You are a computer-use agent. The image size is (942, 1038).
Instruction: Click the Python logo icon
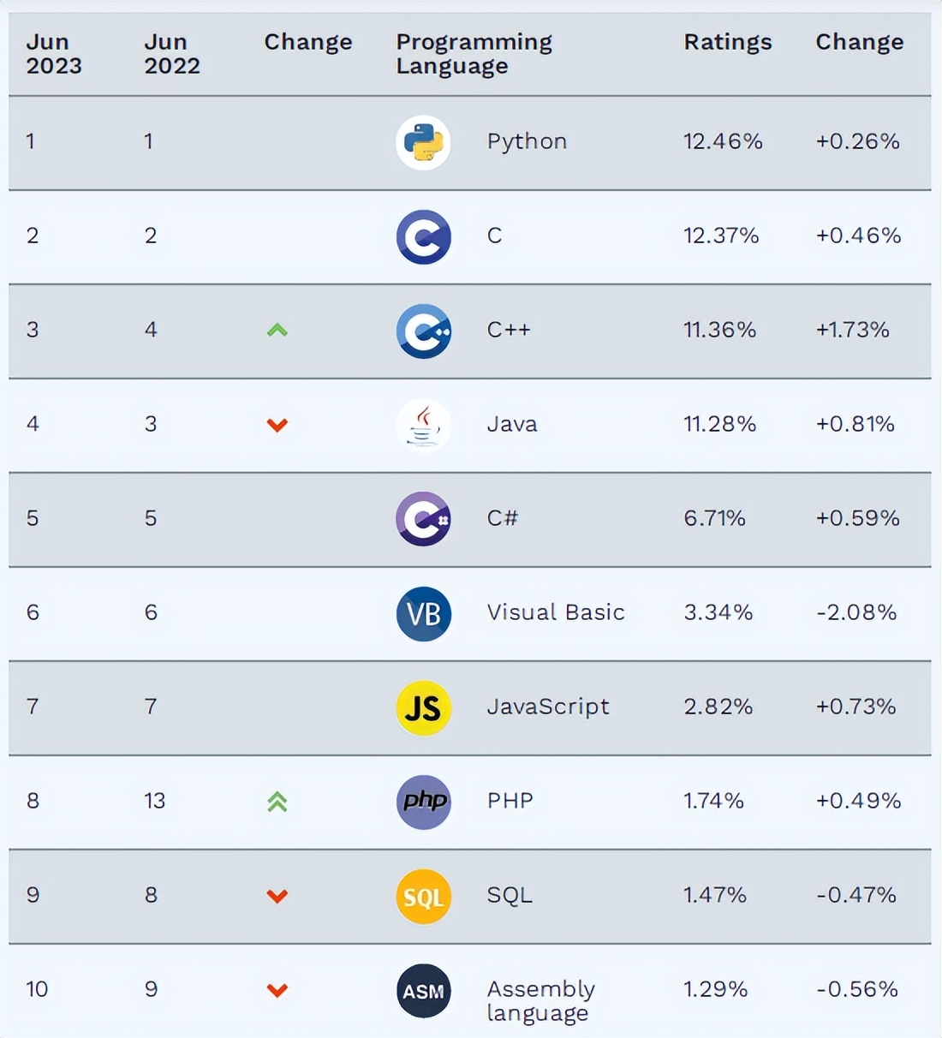(423, 142)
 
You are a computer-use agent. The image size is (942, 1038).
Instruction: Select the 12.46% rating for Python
(722, 141)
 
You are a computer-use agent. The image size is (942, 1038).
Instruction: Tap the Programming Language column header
(474, 54)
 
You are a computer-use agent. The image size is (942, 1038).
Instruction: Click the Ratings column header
(727, 42)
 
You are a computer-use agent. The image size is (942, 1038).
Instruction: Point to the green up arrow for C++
(277, 330)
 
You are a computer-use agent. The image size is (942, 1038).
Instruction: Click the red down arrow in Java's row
(277, 425)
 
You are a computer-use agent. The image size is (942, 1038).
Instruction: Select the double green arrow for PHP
(277, 802)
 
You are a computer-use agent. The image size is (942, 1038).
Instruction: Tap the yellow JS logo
(423, 707)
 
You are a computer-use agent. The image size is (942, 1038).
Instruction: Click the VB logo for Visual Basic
(423, 613)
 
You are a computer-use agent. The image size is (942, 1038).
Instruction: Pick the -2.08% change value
(856, 612)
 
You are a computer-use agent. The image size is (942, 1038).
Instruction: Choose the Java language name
(511, 424)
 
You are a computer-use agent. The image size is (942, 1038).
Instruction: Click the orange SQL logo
(423, 896)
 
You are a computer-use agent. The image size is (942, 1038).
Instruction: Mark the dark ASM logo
(423, 991)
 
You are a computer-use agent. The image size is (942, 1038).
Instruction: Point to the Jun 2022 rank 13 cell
(154, 801)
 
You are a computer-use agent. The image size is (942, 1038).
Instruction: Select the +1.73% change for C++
(852, 330)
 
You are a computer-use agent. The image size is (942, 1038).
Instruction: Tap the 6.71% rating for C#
(714, 518)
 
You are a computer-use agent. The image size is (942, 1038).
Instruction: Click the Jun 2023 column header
(53, 54)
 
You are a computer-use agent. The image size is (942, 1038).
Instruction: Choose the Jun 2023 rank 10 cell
(37, 989)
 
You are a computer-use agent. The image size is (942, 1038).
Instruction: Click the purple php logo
(423, 802)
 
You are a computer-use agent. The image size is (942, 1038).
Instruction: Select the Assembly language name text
(540, 1000)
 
